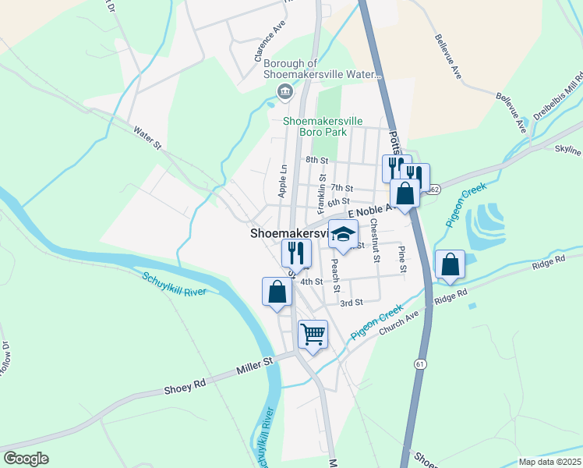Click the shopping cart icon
pyautogui.click(x=313, y=335)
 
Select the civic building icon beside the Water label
pyautogui.click(x=285, y=93)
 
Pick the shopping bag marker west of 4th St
pyautogui.click(x=277, y=292)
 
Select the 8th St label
pyautogui.click(x=316, y=160)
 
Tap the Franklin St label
pyautogui.click(x=322, y=194)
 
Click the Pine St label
pyautogui.click(x=402, y=259)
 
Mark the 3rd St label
pyautogui.click(x=352, y=303)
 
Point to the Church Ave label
pyautogui.click(x=399, y=325)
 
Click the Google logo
pyautogui.click(x=26, y=458)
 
